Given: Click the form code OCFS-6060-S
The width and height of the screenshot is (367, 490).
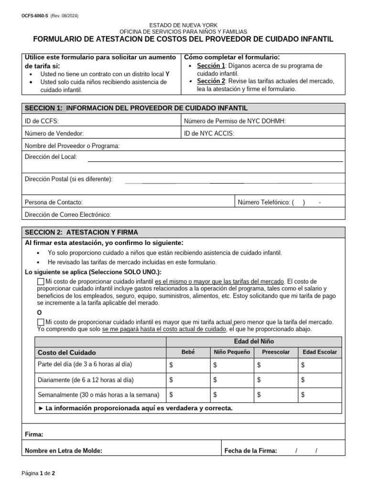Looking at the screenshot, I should tap(35, 16).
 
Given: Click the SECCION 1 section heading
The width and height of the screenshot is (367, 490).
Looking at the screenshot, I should tap(136, 108).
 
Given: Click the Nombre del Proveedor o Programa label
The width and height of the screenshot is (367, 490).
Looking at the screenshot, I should tap(72, 146).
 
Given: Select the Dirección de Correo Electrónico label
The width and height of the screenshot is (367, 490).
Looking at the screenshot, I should tap(68, 215).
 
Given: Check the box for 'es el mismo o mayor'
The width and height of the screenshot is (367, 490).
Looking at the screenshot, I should tap(41, 281).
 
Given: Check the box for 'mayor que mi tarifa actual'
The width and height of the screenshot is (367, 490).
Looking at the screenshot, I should tap(41, 323).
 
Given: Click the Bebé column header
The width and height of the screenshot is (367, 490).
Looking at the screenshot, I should tap(188, 352).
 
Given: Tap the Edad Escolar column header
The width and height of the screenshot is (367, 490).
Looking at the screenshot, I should tap(320, 352).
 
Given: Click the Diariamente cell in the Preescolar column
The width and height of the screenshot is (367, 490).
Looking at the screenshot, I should tap(275, 380).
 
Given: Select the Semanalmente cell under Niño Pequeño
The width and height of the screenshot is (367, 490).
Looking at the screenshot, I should tap(231, 395).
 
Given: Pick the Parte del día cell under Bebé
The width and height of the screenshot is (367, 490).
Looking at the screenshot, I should tap(188, 365).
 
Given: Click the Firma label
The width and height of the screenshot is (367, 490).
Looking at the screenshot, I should tap(34, 434).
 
